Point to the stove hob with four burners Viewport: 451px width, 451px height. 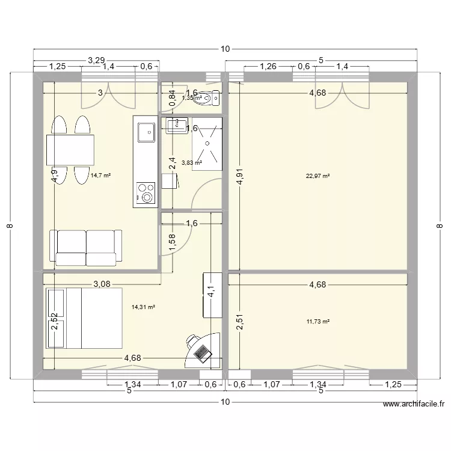coord(145,192)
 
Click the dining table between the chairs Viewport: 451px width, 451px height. coord(70,150)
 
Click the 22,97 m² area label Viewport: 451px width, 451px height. coord(319,176)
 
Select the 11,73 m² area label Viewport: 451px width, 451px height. coord(318,322)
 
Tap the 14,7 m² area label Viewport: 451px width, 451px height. coord(101,176)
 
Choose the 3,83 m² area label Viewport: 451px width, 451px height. coord(191,162)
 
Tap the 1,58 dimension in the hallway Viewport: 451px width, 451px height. coord(173,242)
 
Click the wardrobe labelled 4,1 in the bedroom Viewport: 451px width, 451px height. coord(212,295)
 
